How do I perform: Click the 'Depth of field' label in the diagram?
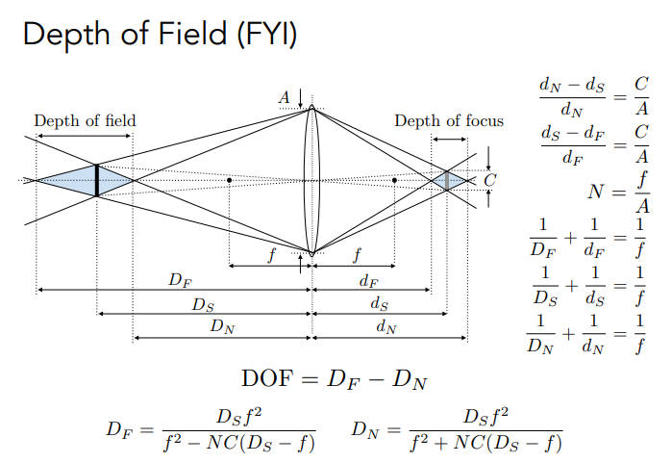click(x=85, y=121)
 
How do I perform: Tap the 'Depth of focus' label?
click(x=448, y=121)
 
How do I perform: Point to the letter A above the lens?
click(x=285, y=96)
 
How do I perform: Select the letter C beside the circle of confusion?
click(x=490, y=179)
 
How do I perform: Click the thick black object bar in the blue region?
click(x=97, y=180)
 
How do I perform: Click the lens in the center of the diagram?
click(x=311, y=180)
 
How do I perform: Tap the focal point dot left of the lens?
click(x=230, y=180)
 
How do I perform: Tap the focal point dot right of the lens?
click(x=394, y=180)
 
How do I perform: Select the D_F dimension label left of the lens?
click(x=179, y=280)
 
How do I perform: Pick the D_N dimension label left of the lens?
click(x=222, y=327)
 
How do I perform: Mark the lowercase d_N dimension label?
click(x=386, y=327)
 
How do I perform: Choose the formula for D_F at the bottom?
click(x=212, y=430)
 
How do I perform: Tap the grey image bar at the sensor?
click(x=446, y=180)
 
